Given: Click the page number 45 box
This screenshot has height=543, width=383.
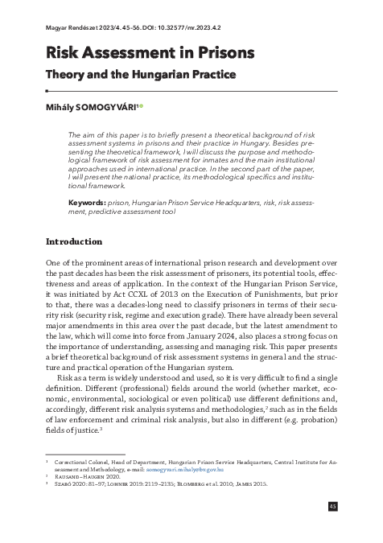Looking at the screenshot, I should pyautogui.click(x=356, y=506).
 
